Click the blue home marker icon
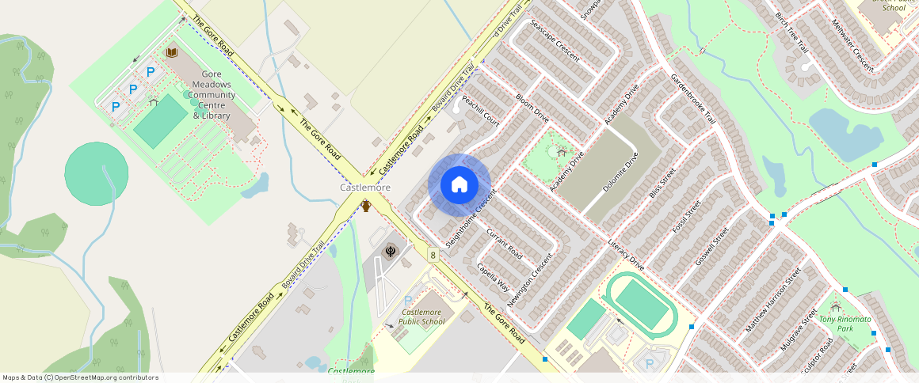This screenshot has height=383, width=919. click(x=459, y=185)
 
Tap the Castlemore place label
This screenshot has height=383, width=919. click(x=365, y=188)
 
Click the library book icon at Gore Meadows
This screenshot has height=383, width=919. click(x=171, y=52)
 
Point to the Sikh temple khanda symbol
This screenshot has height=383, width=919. click(x=391, y=251)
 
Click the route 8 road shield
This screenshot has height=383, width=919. click(x=433, y=254)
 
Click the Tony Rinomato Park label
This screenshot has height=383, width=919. click(x=845, y=324)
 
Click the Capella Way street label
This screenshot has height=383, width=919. click(x=494, y=278)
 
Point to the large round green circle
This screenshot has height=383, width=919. click(x=96, y=175)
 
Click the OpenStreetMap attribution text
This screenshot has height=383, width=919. click(x=80, y=377)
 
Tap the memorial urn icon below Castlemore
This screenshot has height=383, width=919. click(x=366, y=207)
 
